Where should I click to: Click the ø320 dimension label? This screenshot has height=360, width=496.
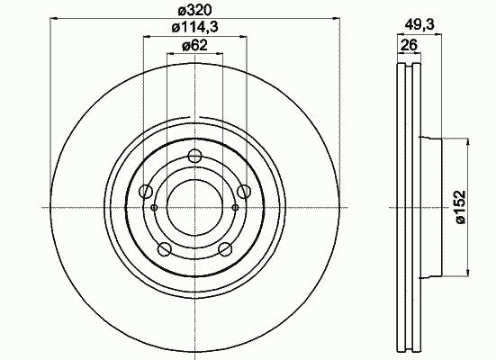pyautogui.click(x=194, y=11)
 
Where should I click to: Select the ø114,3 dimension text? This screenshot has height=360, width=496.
pyautogui.click(x=194, y=28)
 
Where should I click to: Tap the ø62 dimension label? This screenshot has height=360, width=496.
pyautogui.click(x=194, y=46)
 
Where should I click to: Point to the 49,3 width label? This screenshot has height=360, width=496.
pyautogui.click(x=419, y=24)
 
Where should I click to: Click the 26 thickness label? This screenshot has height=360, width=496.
pyautogui.click(x=409, y=45)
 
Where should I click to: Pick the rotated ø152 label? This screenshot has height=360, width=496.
pyautogui.click(x=461, y=207)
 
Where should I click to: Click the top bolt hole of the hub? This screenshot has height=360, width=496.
pyautogui.click(x=194, y=156)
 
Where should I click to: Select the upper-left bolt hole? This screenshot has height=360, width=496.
pyautogui.click(x=146, y=191)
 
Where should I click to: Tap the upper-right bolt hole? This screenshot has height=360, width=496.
pyautogui.click(x=244, y=191)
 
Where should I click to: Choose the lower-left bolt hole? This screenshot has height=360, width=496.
pyautogui.click(x=165, y=249)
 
